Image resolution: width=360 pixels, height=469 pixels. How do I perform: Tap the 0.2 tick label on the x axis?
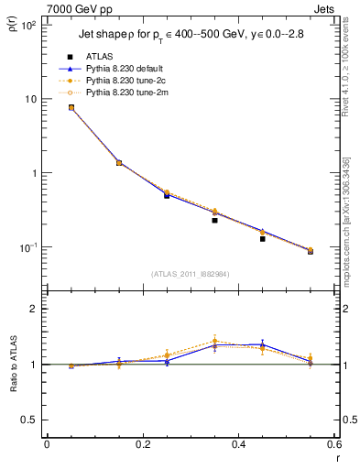[x=142, y=444]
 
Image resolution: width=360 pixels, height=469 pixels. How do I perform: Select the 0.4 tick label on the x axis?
[x=238, y=444]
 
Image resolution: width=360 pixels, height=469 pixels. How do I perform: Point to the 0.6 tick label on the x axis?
[x=333, y=444]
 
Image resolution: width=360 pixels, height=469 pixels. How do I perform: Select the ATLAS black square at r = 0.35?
[x=214, y=220]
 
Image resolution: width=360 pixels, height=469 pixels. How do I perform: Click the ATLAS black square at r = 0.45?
[x=262, y=238]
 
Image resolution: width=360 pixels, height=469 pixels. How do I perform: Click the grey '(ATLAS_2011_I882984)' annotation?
[x=191, y=273]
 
